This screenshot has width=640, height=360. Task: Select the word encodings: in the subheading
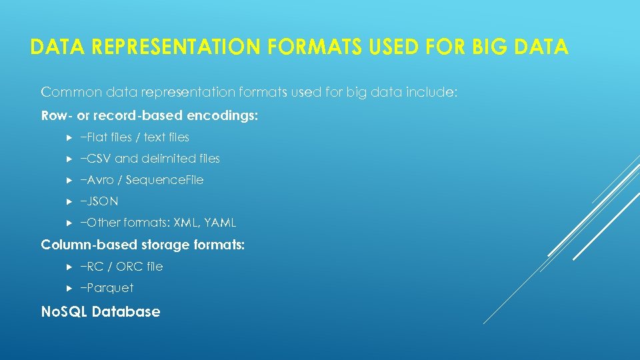pyautogui.click(x=222, y=115)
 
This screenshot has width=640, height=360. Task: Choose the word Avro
pyautogui.click(x=100, y=180)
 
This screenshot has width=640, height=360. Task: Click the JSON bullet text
pyautogui.click(x=101, y=201)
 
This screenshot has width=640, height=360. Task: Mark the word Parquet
pyautogui.click(x=109, y=288)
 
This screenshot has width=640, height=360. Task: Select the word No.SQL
pyautogui.click(x=64, y=311)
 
